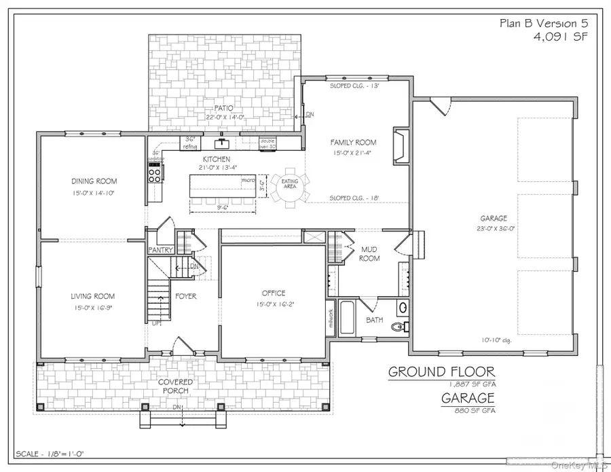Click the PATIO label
pos(219,108)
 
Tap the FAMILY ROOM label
pos(353,143)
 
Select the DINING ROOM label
pos(94,181)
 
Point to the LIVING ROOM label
pos(93,296)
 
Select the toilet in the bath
pos(400,327)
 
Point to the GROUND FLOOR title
pos(441,371)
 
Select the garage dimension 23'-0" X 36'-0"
pos(494,228)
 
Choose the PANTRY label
pos(161,250)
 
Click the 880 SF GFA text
pos(468,411)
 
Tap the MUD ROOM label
pos(369,254)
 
